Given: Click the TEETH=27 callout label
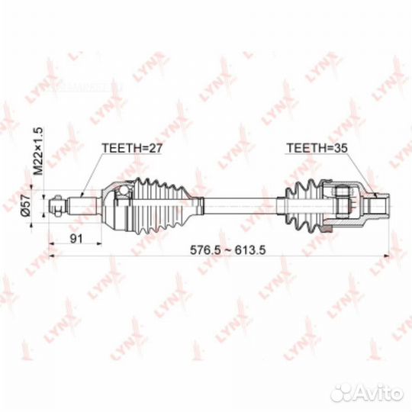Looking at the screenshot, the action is [132, 148].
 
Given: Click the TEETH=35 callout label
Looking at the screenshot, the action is [317, 148].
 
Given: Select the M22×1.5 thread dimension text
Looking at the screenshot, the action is [38, 151].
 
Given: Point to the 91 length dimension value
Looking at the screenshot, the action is [76, 239].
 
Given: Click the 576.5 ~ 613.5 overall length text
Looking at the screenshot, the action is [228, 250].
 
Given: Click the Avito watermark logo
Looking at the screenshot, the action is [367, 393].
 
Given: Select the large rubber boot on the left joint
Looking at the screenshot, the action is [161, 206].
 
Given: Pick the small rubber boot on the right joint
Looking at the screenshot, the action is [304, 206].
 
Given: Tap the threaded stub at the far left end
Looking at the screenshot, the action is [58, 206].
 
